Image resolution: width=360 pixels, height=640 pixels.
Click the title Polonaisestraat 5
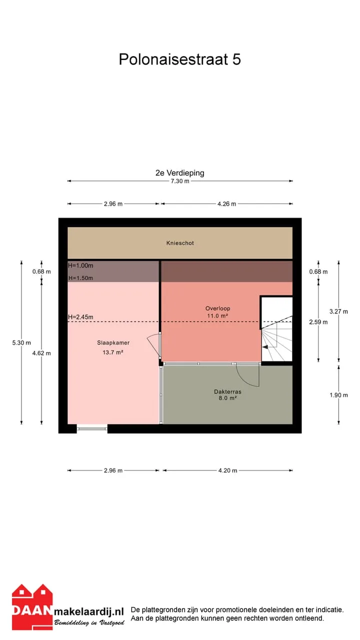coord(179,59)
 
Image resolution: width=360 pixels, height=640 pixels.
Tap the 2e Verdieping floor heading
coord(179,173)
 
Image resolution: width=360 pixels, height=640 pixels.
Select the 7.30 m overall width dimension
coord(180,181)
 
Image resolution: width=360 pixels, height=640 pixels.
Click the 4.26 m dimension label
coord(227,204)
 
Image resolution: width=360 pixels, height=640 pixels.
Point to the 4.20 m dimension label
coord(227,470)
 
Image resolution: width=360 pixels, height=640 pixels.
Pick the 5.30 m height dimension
coord(21,343)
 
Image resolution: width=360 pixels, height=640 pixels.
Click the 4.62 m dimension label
coord(41,353)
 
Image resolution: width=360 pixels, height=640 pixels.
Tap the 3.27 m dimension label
coord(338,311)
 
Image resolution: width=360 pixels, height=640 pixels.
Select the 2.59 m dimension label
coord(318,322)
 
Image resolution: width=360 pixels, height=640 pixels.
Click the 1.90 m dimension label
coord(338,395)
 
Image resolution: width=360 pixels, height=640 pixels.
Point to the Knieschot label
coord(180,243)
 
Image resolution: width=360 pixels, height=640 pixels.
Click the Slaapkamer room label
coord(113,343)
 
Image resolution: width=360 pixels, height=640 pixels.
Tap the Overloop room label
coord(217,308)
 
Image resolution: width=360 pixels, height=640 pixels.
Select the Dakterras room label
coord(227,391)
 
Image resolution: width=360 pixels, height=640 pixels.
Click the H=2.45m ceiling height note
coord(80,317)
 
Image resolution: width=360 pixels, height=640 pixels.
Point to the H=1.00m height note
coord(80,265)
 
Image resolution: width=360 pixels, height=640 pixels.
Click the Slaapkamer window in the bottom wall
coord(92,428)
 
